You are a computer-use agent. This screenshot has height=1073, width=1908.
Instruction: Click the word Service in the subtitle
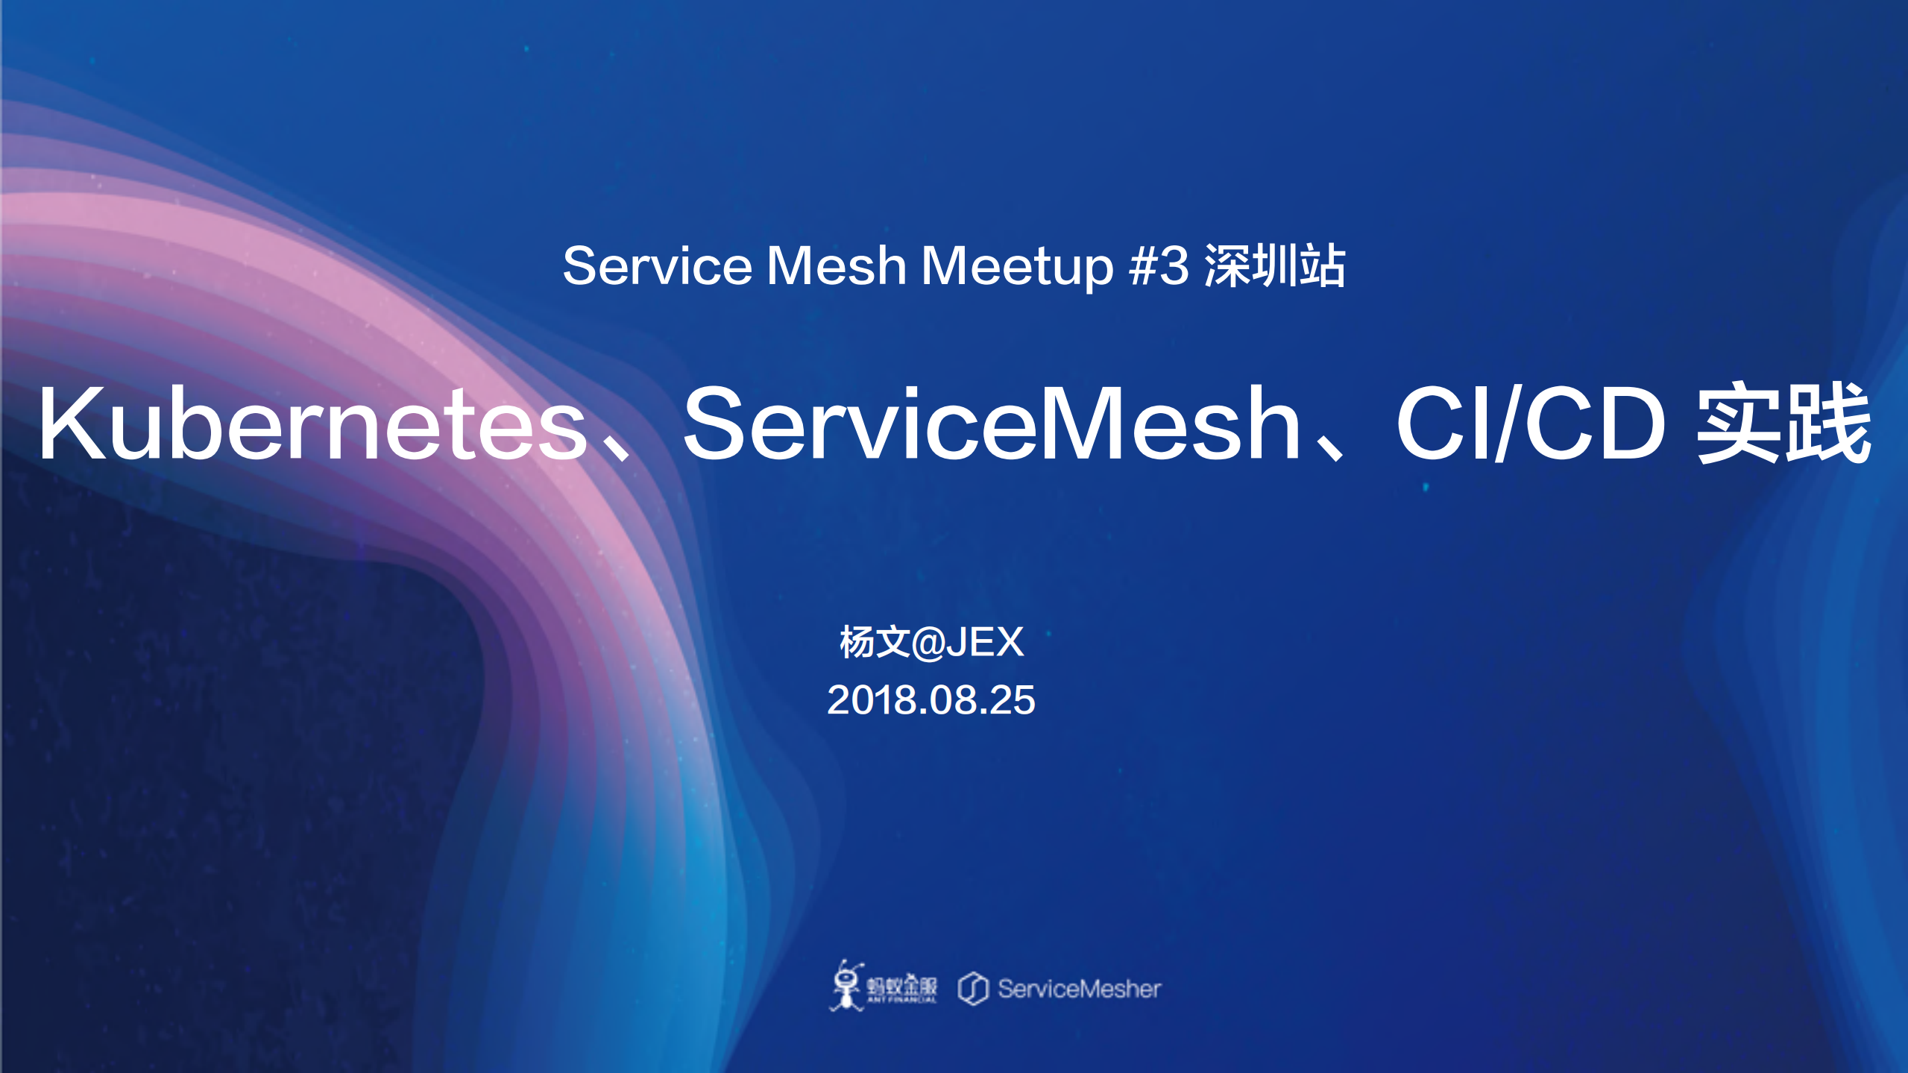657,266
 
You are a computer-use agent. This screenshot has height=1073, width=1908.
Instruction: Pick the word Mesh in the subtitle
836,266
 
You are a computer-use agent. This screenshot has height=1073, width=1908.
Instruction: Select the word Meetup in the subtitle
1017,266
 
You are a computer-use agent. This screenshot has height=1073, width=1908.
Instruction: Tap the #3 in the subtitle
1159,266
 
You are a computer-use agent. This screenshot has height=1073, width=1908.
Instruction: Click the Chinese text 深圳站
1275,266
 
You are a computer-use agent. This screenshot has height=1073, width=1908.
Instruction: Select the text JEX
986,642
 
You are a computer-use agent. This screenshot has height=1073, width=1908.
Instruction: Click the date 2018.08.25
931,700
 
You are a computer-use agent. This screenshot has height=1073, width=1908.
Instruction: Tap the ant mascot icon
846,986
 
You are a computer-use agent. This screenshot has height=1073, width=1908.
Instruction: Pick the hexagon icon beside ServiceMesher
973,989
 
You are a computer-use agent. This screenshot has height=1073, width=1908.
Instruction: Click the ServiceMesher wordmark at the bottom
1079,989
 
